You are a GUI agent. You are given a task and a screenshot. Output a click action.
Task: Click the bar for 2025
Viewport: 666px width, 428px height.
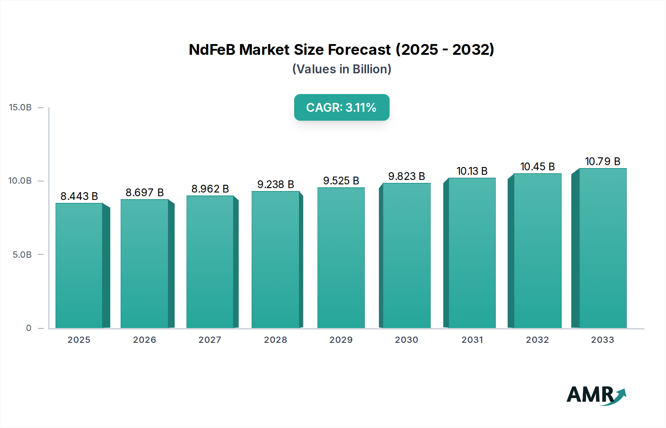tap(79, 265)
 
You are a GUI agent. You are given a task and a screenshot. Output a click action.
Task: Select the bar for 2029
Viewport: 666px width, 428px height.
tap(341, 258)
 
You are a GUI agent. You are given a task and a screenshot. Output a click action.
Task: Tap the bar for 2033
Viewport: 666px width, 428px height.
tap(603, 248)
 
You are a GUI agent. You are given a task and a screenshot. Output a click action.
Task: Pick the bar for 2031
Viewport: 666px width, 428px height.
tap(472, 253)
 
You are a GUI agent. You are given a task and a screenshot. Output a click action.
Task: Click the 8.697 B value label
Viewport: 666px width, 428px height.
tap(144, 193)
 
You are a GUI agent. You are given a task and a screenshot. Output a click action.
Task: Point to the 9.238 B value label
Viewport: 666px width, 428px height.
tap(275, 184)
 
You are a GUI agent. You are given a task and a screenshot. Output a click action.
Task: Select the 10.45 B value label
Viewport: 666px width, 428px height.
tap(537, 167)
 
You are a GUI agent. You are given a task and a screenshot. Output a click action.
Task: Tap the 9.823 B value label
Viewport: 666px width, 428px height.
tap(406, 176)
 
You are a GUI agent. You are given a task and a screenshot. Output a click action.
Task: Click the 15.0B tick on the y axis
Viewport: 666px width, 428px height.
tap(20, 107)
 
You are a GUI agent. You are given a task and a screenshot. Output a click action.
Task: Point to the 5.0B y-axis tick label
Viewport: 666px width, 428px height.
tap(22, 255)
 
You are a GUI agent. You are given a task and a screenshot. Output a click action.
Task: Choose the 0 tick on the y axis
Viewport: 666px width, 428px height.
tap(28, 328)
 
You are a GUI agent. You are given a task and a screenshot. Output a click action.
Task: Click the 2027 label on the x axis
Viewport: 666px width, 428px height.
tap(210, 340)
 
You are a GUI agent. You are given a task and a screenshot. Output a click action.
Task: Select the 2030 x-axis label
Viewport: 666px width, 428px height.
tap(406, 340)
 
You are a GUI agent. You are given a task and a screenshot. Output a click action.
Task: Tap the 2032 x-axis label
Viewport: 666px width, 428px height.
tap(537, 340)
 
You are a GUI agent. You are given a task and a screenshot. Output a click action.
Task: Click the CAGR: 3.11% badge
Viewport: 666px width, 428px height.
tap(342, 107)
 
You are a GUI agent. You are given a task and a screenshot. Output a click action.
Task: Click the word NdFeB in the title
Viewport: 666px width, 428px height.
tap(212, 50)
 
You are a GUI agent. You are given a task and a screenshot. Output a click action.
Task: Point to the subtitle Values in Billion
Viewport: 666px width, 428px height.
tap(342, 69)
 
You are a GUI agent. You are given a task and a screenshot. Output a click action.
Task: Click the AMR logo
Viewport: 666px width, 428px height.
tap(595, 395)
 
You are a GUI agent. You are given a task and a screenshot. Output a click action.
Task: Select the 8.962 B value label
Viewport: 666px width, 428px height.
tap(210, 189)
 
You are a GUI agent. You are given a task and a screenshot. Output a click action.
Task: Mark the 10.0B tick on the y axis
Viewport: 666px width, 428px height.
tap(20, 181)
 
